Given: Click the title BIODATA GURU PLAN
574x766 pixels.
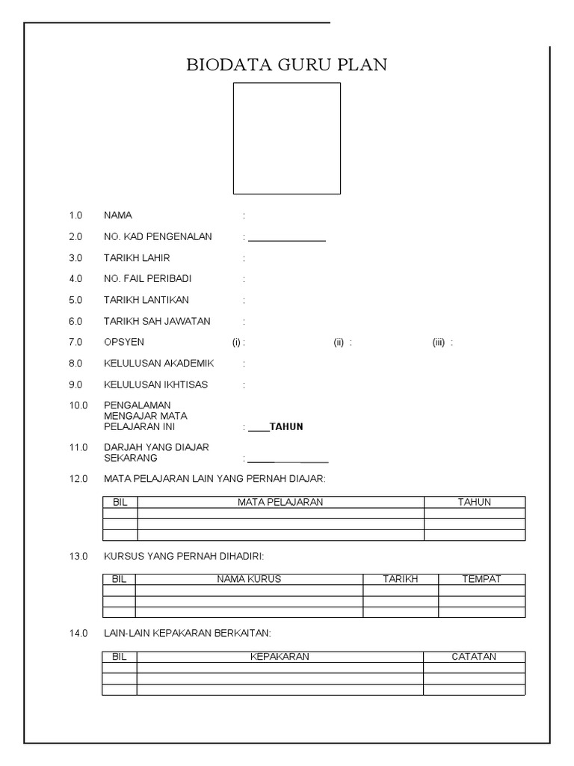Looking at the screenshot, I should point(287,65).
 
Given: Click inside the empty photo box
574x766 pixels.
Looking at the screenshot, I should point(287,138).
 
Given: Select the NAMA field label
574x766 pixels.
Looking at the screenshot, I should point(118,215).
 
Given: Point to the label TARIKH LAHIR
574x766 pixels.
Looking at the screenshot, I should point(137,258).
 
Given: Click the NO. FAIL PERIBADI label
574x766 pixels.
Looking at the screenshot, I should point(148,279).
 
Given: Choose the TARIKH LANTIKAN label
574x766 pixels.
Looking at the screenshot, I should point(146,300).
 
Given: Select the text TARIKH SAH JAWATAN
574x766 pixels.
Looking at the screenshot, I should point(157,322).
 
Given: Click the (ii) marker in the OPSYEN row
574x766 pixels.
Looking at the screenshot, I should point(339,343).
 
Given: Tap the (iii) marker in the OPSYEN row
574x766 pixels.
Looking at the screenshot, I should point(439,343).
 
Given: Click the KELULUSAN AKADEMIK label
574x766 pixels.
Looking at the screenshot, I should point(159,364).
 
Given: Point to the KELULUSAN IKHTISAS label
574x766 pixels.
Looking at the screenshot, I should point(155,384).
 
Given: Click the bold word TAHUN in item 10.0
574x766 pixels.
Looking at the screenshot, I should point(286,427).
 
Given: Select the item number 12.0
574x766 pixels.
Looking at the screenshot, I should point(78,479).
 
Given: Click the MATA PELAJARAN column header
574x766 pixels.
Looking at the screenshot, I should point(280,503).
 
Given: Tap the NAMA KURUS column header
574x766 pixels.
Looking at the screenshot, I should point(249,580).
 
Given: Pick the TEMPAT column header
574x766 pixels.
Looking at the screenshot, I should point(481,580).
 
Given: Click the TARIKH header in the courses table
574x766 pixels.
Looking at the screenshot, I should point(401,580).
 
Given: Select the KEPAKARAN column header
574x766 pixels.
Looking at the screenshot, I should point(280,657).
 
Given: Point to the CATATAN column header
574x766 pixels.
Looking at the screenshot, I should point(474,657).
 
